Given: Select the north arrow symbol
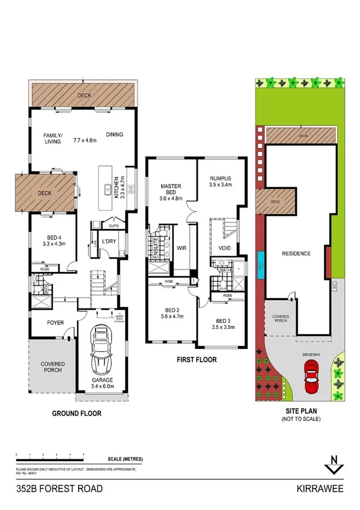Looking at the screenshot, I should click(x=332, y=464).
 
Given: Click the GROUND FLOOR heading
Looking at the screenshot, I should click(x=76, y=414).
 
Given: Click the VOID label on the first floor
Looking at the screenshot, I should click(x=226, y=248).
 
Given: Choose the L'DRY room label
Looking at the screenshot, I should click(x=109, y=241).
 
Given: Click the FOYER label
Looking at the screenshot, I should click(x=55, y=322).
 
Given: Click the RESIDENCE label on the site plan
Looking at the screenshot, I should click(x=296, y=253).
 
